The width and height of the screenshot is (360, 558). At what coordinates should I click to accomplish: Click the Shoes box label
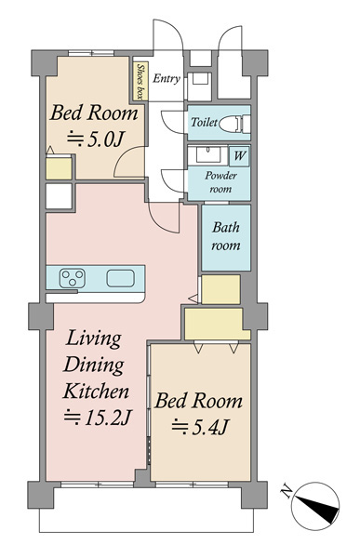141,82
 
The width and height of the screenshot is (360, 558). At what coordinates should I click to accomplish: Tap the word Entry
167,78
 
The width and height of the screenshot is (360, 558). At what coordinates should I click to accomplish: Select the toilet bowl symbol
233,124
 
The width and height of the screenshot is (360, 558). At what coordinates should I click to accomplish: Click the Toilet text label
204,122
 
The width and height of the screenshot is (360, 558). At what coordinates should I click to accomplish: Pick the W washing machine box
239,156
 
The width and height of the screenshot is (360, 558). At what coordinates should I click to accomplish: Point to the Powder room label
220,182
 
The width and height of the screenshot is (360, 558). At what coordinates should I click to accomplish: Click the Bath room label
226,236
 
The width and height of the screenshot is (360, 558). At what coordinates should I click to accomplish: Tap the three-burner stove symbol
73,278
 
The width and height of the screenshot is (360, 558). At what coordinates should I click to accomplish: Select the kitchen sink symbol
121,278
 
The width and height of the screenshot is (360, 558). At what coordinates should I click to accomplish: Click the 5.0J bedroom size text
96,139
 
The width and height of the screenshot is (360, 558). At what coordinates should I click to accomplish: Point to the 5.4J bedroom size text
200,427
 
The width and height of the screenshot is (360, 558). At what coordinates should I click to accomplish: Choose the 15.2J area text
98,418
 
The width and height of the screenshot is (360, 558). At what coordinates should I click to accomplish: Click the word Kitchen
96,392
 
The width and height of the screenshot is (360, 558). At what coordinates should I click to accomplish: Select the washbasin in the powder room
207,155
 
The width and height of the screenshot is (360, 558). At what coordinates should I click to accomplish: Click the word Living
94,339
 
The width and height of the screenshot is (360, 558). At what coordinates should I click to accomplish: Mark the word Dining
94,365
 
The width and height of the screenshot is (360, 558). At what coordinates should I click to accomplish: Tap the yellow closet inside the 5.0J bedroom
59,168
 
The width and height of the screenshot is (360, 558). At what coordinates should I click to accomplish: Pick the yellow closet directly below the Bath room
220,289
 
